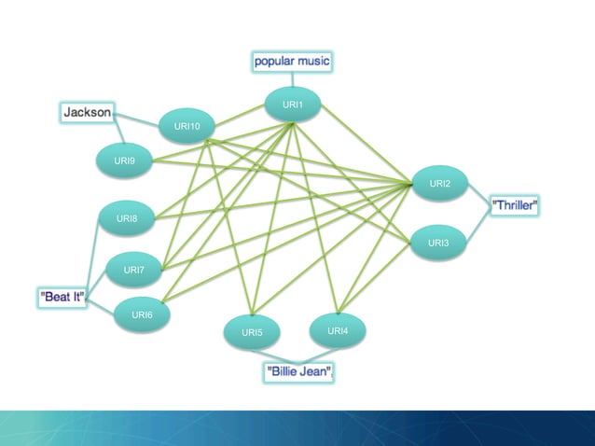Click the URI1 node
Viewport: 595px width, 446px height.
[293, 105]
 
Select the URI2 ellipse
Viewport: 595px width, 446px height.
[440, 184]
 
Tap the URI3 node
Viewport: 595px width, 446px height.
[438, 244]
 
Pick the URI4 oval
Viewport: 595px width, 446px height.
[338, 331]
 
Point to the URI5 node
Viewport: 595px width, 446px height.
[252, 332]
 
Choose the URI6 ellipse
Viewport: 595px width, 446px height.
[142, 315]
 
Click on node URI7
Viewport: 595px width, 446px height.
[134, 271]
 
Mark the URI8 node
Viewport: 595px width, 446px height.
[127, 219]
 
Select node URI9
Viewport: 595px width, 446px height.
[125, 161]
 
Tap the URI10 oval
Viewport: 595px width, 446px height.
[187, 126]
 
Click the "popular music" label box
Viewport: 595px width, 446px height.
[292, 62]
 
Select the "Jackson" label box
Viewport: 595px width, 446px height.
[87, 113]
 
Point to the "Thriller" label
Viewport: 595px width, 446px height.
[515, 205]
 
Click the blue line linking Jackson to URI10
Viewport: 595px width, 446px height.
[137, 119]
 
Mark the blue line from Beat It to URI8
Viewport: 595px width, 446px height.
[90, 257]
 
